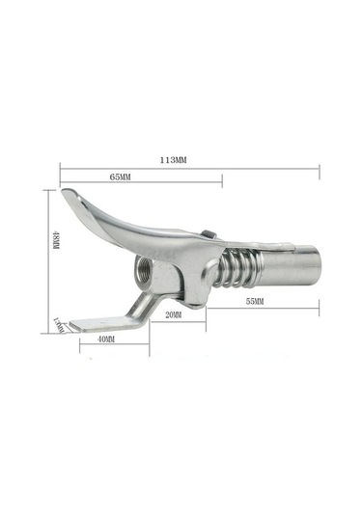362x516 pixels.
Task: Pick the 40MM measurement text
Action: tap(106, 339)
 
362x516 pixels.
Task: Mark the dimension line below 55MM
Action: tap(261, 309)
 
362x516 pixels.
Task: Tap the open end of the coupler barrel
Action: tap(315, 261)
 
